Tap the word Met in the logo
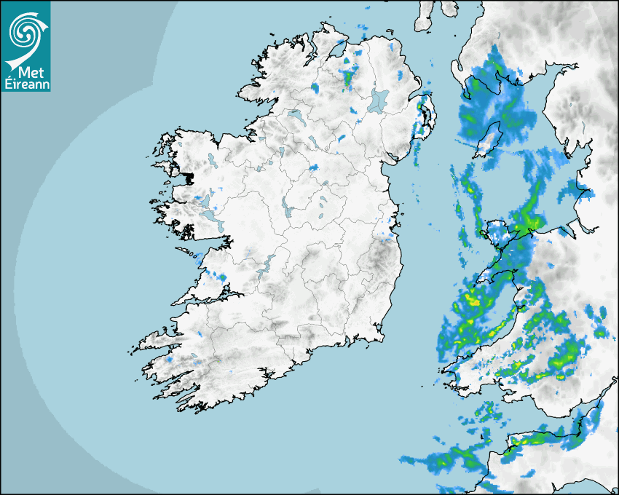(x=27, y=72)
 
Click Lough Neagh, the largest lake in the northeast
(x=379, y=100)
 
